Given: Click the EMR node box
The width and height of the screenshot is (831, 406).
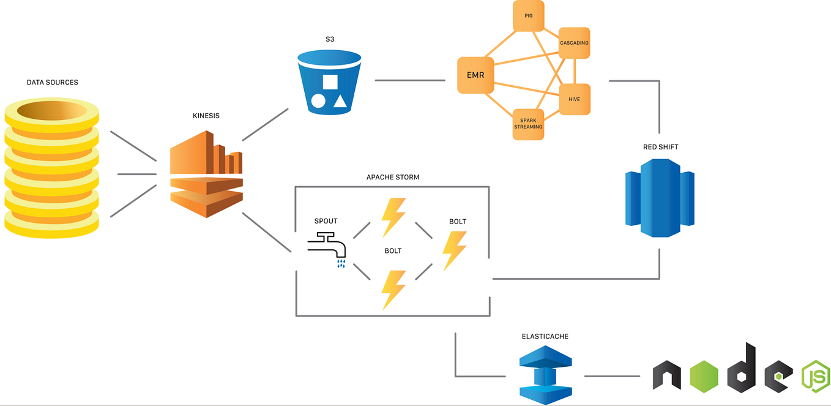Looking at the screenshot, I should click(x=475, y=75).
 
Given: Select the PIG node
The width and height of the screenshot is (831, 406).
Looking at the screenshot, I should click(x=528, y=15).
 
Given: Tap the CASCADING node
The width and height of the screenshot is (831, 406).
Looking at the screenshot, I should click(x=574, y=43).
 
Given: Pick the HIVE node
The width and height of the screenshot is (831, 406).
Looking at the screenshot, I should click(x=574, y=99).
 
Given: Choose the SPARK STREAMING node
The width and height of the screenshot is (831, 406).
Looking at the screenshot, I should click(x=528, y=124).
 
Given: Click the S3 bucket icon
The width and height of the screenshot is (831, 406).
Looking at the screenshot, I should click(x=329, y=83).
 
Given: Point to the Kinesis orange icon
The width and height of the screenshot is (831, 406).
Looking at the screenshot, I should click(x=206, y=174).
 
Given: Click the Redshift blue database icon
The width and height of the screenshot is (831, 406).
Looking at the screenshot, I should click(x=660, y=197).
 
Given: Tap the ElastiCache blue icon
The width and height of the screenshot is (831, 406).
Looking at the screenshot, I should click(x=545, y=375).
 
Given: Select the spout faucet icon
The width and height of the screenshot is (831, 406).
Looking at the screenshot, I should click(x=327, y=248).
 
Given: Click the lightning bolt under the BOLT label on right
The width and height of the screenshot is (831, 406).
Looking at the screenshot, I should click(x=455, y=250).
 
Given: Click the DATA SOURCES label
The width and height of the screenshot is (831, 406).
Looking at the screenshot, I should click(x=53, y=82).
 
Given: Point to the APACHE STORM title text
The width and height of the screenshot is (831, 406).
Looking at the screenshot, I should click(x=393, y=178).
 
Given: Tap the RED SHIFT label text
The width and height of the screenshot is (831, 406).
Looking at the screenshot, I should click(x=660, y=147).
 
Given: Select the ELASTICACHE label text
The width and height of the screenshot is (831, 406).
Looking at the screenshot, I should click(x=545, y=337).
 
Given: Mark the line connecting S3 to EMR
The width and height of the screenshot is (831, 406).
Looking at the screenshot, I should click(x=409, y=80).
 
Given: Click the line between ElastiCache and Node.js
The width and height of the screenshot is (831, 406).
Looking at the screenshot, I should click(x=613, y=376).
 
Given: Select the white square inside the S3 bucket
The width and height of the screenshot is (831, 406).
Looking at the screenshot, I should click(x=330, y=83).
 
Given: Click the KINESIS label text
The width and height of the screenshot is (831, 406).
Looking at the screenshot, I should click(x=206, y=115).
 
